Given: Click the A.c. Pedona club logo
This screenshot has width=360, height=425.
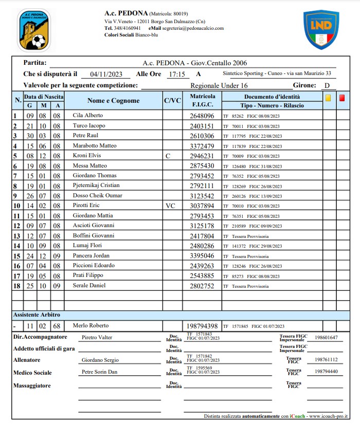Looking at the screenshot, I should pyautogui.click(x=34, y=30).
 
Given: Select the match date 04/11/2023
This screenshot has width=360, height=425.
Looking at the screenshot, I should pyautogui.click(x=106, y=74).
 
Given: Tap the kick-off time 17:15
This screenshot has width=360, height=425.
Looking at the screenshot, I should pyautogui.click(x=176, y=74).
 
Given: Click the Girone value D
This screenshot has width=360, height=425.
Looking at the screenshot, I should pyautogui.click(x=326, y=86).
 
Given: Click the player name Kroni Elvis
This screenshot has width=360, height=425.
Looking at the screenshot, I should pyautogui.click(x=86, y=155).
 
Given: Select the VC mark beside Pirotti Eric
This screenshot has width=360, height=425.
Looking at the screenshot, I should pyautogui.click(x=171, y=205).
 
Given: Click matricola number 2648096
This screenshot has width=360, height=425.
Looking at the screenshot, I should pyautogui.click(x=202, y=116).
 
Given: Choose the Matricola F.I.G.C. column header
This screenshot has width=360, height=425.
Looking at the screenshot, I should pyautogui.click(x=203, y=100).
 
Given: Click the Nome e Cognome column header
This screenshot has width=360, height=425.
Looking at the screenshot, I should pyautogui.click(x=113, y=101).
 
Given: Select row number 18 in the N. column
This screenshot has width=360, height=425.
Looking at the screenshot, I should pyautogui.click(x=17, y=285).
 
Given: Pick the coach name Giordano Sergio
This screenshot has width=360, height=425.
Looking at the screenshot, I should pyautogui.click(x=100, y=360).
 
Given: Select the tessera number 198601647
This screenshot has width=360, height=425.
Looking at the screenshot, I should pyautogui.click(x=326, y=337).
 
